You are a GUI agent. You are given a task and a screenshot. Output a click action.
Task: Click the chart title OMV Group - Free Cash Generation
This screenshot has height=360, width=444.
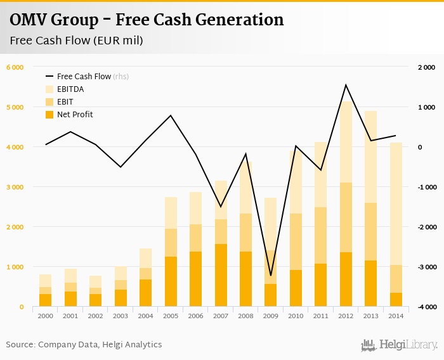pos(147,20)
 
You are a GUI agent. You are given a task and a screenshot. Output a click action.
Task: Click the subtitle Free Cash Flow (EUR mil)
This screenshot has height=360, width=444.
pos(76,41)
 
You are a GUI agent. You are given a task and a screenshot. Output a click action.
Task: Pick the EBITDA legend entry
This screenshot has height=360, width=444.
pos(70,89)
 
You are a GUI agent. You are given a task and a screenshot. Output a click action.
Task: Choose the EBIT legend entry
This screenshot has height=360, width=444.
pos(65,102)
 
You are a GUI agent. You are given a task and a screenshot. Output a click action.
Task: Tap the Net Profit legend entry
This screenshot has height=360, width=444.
pos(75,115)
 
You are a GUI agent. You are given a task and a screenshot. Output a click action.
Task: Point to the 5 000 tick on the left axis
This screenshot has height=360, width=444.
pos(15,107)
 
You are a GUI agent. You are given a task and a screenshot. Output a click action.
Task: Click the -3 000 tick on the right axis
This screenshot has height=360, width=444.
pos(426,267)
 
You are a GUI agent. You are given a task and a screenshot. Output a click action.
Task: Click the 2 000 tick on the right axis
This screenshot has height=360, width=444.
pos(427,67)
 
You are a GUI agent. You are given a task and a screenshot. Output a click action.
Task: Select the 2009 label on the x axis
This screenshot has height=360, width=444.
pos(270,315)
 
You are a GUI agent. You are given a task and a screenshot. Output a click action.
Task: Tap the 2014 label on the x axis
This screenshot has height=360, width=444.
pos(395,315)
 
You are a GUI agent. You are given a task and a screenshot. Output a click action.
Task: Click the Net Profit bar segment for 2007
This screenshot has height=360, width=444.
pos(220,275)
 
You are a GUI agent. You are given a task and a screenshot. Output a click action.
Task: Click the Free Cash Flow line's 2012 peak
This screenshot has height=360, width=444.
pos(345,85)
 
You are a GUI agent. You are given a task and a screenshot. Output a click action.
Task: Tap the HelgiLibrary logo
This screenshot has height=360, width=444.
pos(399,345)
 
